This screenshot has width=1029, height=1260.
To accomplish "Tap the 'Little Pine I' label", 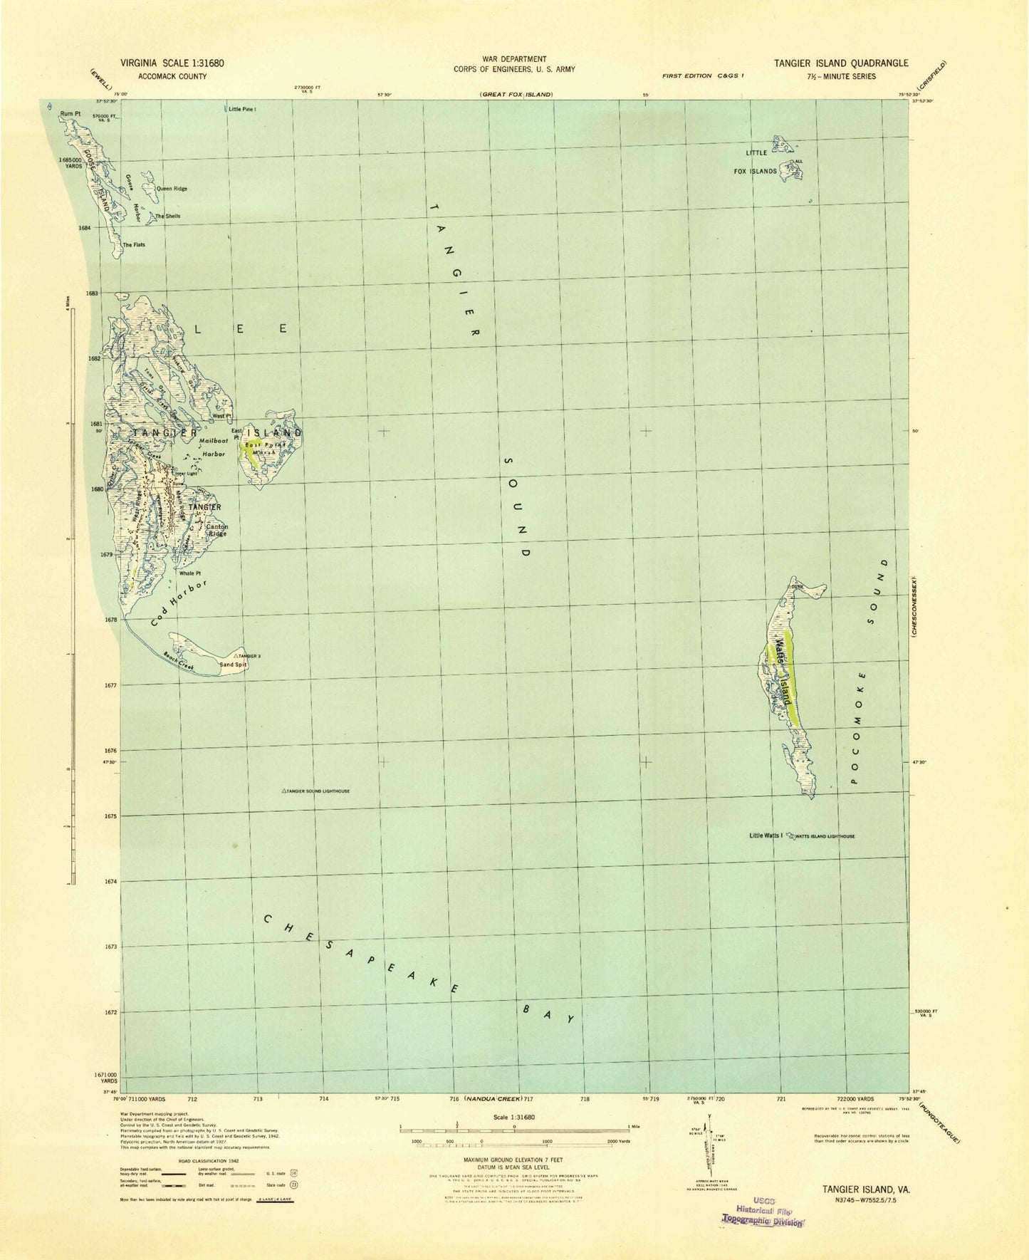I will (242, 109).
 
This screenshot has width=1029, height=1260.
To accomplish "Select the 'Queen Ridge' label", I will (172, 189).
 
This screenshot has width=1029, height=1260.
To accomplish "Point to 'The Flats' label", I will (134, 245).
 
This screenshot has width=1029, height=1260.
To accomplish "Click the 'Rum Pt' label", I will (68, 113).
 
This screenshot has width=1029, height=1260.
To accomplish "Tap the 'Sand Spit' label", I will (232, 665).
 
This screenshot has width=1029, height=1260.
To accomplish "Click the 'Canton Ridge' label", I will (217, 529).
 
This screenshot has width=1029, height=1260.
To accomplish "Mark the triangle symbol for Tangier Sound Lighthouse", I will (284, 791).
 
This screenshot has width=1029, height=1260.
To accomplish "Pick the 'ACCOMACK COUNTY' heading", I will (162, 76).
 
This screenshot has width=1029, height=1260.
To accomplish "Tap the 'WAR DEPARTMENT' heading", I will (513, 59).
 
